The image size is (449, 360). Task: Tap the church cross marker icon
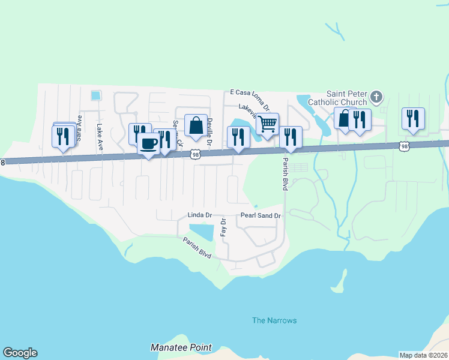[x=376, y=97]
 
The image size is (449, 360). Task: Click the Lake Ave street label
[x=100, y=137]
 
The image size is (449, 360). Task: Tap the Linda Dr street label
[x=200, y=215]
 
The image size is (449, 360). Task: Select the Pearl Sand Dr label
[x=261, y=215]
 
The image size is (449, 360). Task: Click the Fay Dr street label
[x=223, y=227]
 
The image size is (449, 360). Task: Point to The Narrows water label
[x=274, y=320]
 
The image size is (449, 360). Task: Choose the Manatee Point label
[x=181, y=347]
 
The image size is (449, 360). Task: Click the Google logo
[x=20, y=353]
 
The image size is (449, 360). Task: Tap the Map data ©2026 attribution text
[x=424, y=355]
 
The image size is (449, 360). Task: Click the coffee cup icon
[x=148, y=145]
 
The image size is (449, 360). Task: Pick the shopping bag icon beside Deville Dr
[x=196, y=126]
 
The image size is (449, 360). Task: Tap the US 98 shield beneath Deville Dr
[x=195, y=154]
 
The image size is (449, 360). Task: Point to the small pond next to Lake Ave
[x=95, y=95]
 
